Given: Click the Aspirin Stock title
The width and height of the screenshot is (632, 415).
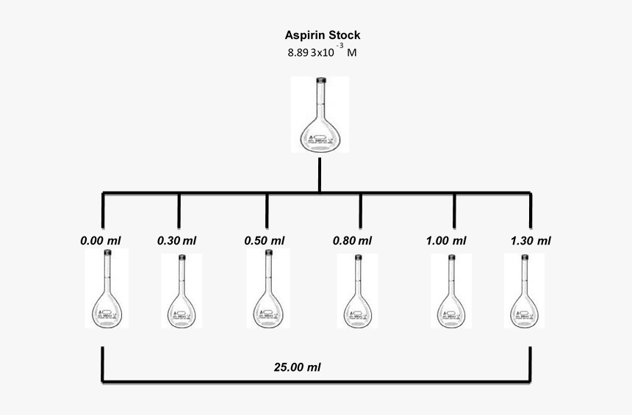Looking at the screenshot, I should click(x=323, y=35).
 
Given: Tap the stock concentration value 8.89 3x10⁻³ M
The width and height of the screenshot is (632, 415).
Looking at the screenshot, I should click(x=323, y=53).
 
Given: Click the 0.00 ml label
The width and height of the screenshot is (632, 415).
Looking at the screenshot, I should click(x=101, y=240).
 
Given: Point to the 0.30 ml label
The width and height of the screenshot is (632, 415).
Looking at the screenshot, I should click(x=177, y=240).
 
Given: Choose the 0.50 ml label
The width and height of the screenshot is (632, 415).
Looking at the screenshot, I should click(x=265, y=240).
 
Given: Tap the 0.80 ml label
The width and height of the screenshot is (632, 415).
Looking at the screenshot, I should click(x=353, y=240).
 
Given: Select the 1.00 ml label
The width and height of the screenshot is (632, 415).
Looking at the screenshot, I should click(x=446, y=240).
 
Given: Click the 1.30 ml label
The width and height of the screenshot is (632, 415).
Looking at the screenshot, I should click(x=530, y=240).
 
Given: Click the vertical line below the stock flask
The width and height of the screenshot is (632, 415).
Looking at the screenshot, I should click(x=320, y=175).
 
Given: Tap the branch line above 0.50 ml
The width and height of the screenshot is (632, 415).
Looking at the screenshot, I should click(x=266, y=210).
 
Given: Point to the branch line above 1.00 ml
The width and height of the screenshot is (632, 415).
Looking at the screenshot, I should click(x=453, y=210).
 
